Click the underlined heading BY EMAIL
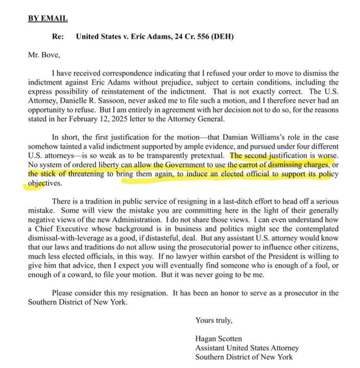coord(48,18)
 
